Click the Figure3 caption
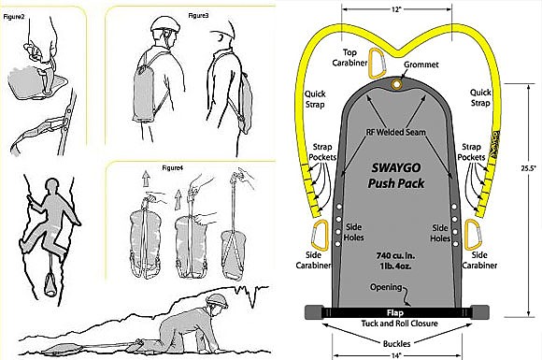198,17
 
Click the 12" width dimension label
397,9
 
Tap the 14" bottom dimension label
397,353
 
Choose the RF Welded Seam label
398,133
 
